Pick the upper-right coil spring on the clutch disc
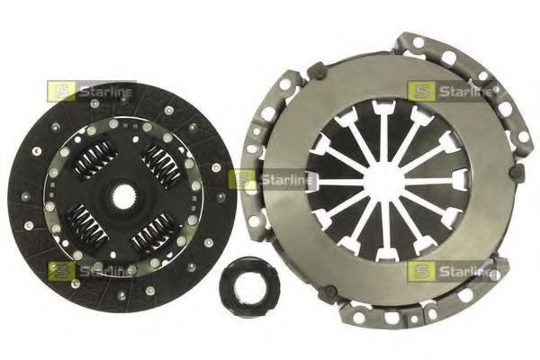click(x=161, y=166)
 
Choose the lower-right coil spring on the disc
click(x=153, y=233)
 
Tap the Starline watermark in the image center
click(x=272, y=179)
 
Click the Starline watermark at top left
click(x=91, y=91)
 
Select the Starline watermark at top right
click(x=450, y=91)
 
